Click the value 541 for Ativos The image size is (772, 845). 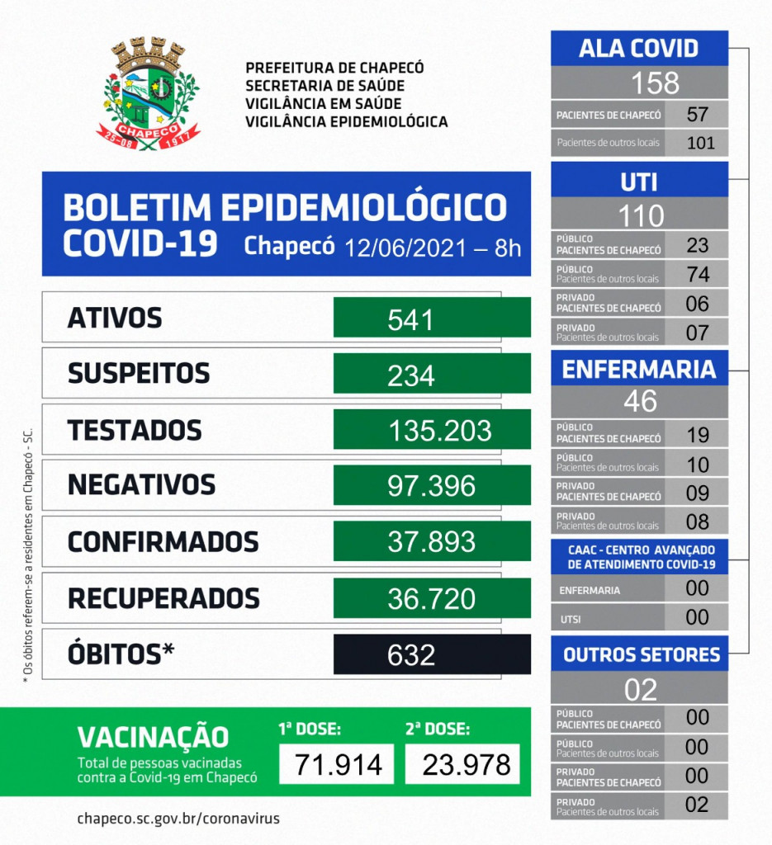tap(410, 319)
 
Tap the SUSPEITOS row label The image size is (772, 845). tap(138, 374)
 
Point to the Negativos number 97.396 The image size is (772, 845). tap(432, 485)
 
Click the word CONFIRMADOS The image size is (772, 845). tap(163, 542)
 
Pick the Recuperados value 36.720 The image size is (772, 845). tap(432, 598)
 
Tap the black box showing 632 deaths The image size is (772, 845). tap(432, 654)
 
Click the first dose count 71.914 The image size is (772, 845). tap(331, 764)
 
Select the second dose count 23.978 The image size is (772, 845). tap(462, 764)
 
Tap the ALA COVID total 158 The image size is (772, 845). tap(641, 83)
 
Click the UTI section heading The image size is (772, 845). tap(639, 182)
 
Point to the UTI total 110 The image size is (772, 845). tap(641, 215)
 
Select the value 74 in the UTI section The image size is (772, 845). tap(698, 274)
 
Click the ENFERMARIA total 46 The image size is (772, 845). tap(641, 401)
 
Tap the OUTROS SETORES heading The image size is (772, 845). tap(641, 655)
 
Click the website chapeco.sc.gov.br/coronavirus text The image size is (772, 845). tap(178, 819)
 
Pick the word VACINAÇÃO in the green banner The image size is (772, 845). tap(153, 736)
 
